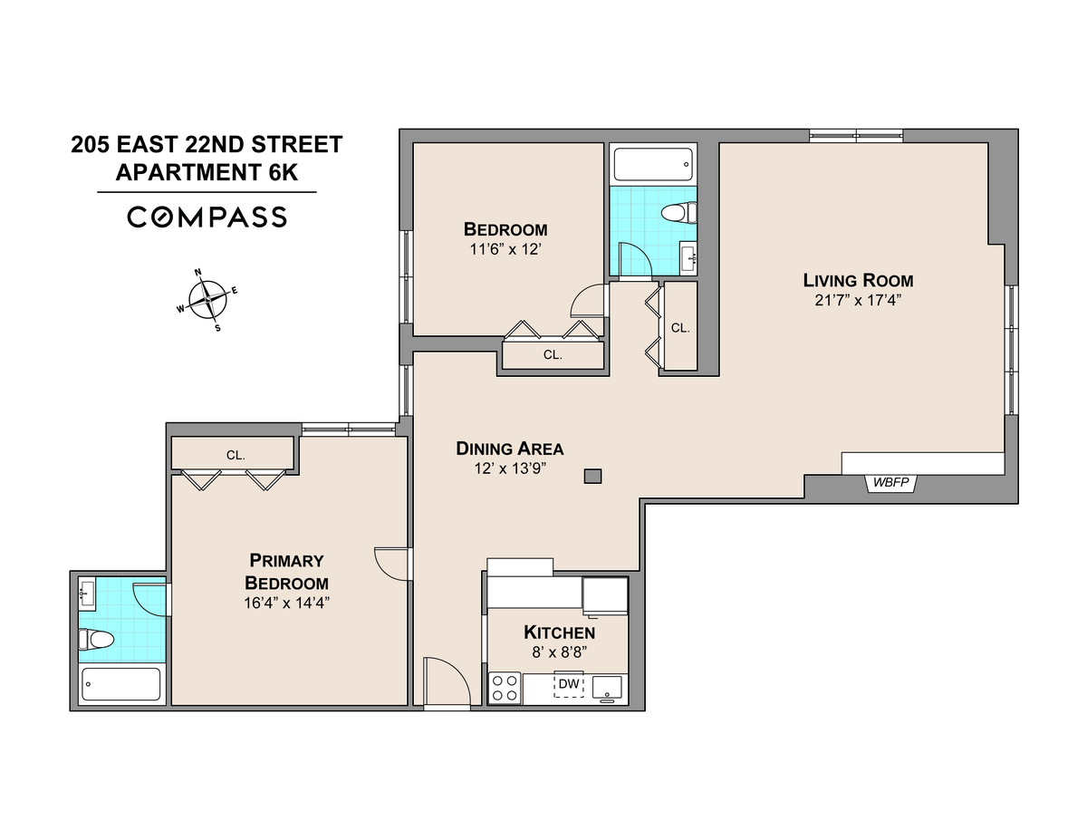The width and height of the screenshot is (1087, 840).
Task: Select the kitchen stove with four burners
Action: [505, 688]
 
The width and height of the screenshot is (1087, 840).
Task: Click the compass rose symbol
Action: [209, 299]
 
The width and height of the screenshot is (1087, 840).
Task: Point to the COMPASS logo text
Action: [207, 217]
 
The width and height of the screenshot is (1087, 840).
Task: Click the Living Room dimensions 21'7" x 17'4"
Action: [858, 300]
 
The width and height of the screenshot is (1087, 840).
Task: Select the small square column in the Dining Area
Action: [592, 475]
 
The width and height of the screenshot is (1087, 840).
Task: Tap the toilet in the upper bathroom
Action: [678, 214]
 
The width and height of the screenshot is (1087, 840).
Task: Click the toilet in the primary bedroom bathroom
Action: [97, 640]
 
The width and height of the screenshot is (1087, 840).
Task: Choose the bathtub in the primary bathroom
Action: [120, 684]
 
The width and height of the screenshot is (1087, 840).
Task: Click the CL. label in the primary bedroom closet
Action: [236, 456]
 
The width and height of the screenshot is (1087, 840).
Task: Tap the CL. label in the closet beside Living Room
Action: [680, 328]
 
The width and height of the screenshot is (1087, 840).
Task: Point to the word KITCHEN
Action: [559, 632]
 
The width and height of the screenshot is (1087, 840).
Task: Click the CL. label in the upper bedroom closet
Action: [553, 355]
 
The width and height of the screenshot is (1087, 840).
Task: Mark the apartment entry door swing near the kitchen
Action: [447, 681]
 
